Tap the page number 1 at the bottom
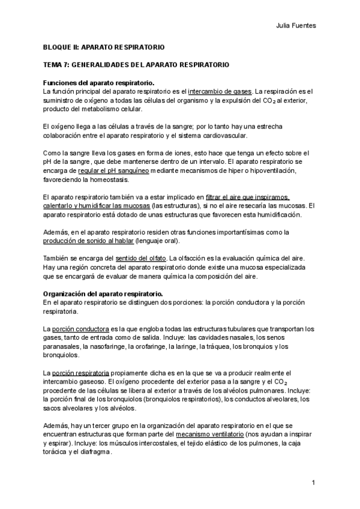click(314, 483)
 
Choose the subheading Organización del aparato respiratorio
click(103, 294)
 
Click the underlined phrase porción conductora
click(80, 329)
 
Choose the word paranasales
click(62, 346)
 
